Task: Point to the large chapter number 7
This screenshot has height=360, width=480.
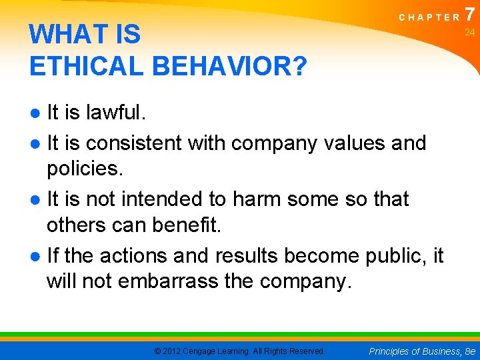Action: tap(470, 14)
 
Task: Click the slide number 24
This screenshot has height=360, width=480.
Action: tap(469, 32)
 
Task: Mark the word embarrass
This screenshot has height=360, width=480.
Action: tap(167, 282)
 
